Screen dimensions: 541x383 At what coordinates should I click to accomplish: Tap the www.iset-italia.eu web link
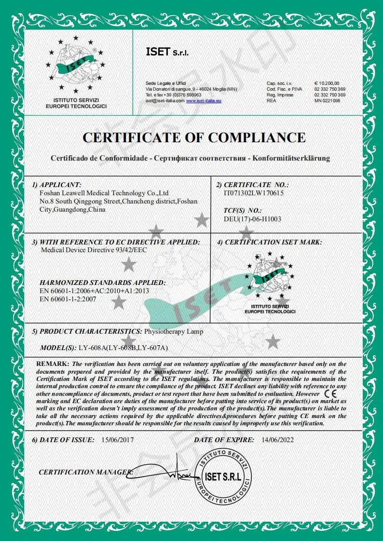204,100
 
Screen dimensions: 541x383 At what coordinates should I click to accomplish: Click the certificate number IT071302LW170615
254,192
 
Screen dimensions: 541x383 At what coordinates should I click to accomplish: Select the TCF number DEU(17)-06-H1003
253,219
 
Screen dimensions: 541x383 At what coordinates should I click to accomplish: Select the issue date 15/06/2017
118,440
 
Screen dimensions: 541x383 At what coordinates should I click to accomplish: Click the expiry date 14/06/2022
277,440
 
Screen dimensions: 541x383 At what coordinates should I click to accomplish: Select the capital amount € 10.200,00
327,83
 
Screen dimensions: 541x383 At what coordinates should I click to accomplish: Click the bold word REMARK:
53,363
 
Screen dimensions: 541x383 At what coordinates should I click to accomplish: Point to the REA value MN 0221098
328,100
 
